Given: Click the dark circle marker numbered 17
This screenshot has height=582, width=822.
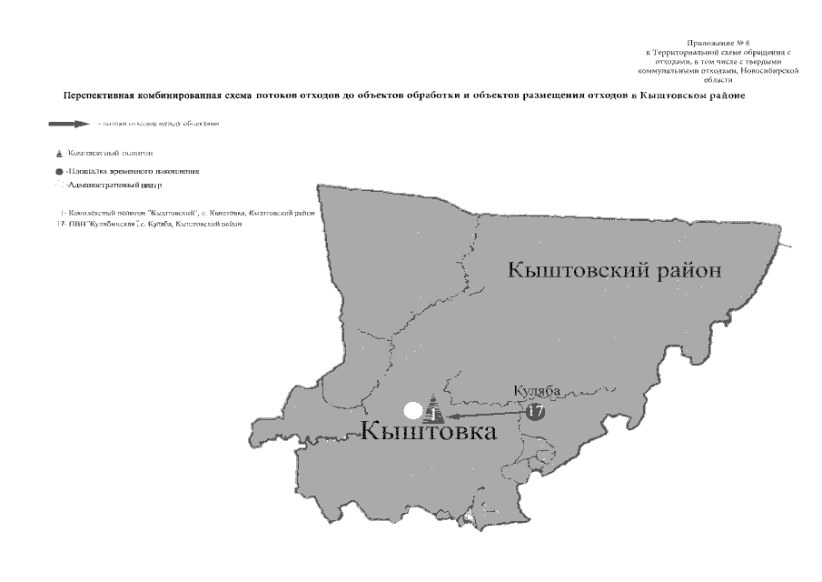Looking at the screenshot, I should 535,411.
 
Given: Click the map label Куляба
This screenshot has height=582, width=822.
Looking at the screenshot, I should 537,391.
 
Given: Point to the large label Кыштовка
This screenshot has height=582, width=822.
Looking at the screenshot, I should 430,431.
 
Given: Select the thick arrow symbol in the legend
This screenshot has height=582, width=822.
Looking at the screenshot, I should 70,124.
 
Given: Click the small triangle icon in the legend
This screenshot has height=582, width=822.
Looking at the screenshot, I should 59,154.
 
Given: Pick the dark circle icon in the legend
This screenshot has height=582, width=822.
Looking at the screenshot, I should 59,171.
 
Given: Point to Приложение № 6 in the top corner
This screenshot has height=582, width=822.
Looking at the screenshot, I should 718,43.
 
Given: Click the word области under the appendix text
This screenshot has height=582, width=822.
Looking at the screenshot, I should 718,79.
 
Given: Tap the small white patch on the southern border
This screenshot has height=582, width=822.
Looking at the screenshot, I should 469,517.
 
